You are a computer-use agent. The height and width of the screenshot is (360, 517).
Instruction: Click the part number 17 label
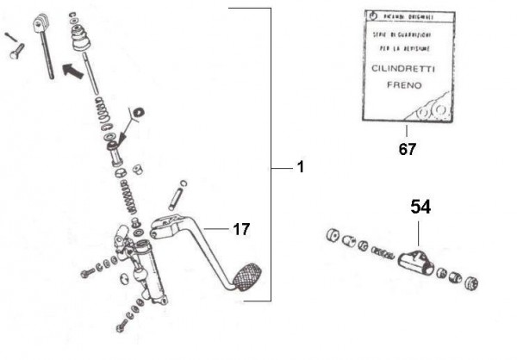[x=241, y=229]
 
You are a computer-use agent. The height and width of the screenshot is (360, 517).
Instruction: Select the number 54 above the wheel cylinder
[x=420, y=208]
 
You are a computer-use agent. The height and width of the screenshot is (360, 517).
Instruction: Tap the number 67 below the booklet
[x=407, y=149]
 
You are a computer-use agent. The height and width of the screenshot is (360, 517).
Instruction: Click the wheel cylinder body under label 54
[x=416, y=260]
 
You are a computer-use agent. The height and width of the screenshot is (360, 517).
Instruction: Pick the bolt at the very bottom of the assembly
[x=121, y=327]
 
